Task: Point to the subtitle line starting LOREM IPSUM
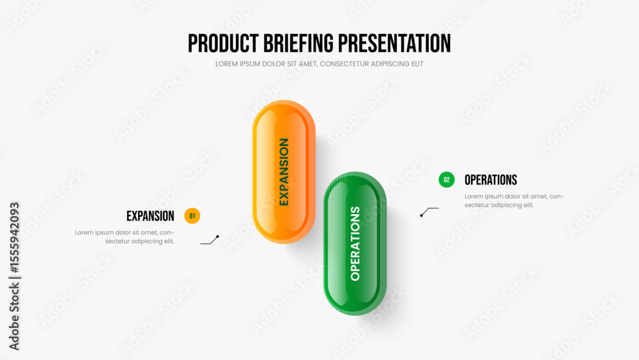pyautogui.click(x=319, y=63)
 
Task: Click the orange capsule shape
pyautogui.click(x=284, y=171)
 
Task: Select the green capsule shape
pyautogui.click(x=355, y=244)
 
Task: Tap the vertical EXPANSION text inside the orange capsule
pyautogui.click(x=284, y=171)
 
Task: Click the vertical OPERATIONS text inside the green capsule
pyautogui.click(x=355, y=244)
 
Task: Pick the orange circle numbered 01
pyautogui.click(x=192, y=215)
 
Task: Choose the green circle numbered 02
pyautogui.click(x=447, y=180)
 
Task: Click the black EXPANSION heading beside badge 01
pyautogui.click(x=150, y=216)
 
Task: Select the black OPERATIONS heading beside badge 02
pyautogui.click(x=491, y=180)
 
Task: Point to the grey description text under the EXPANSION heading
pyautogui.click(x=125, y=237)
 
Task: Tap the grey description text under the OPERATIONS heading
pyautogui.click(x=514, y=201)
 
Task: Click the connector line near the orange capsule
pyautogui.click(x=210, y=240)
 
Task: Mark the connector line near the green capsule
pyautogui.click(x=429, y=212)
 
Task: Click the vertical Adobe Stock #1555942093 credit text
pyautogui.click(x=14, y=276)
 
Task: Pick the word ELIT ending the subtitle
pyautogui.click(x=417, y=63)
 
